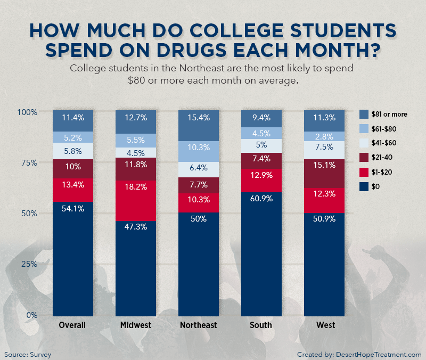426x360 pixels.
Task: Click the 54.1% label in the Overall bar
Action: click(x=72, y=209)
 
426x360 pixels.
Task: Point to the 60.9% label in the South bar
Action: click(x=261, y=199)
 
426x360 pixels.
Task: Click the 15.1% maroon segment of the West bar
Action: click(x=324, y=165)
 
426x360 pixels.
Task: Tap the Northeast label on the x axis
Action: click(x=198, y=325)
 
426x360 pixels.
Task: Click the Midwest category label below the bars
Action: click(x=135, y=325)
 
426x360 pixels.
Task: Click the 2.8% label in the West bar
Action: click(x=324, y=136)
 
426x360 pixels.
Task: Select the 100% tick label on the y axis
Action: click(x=27, y=112)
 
